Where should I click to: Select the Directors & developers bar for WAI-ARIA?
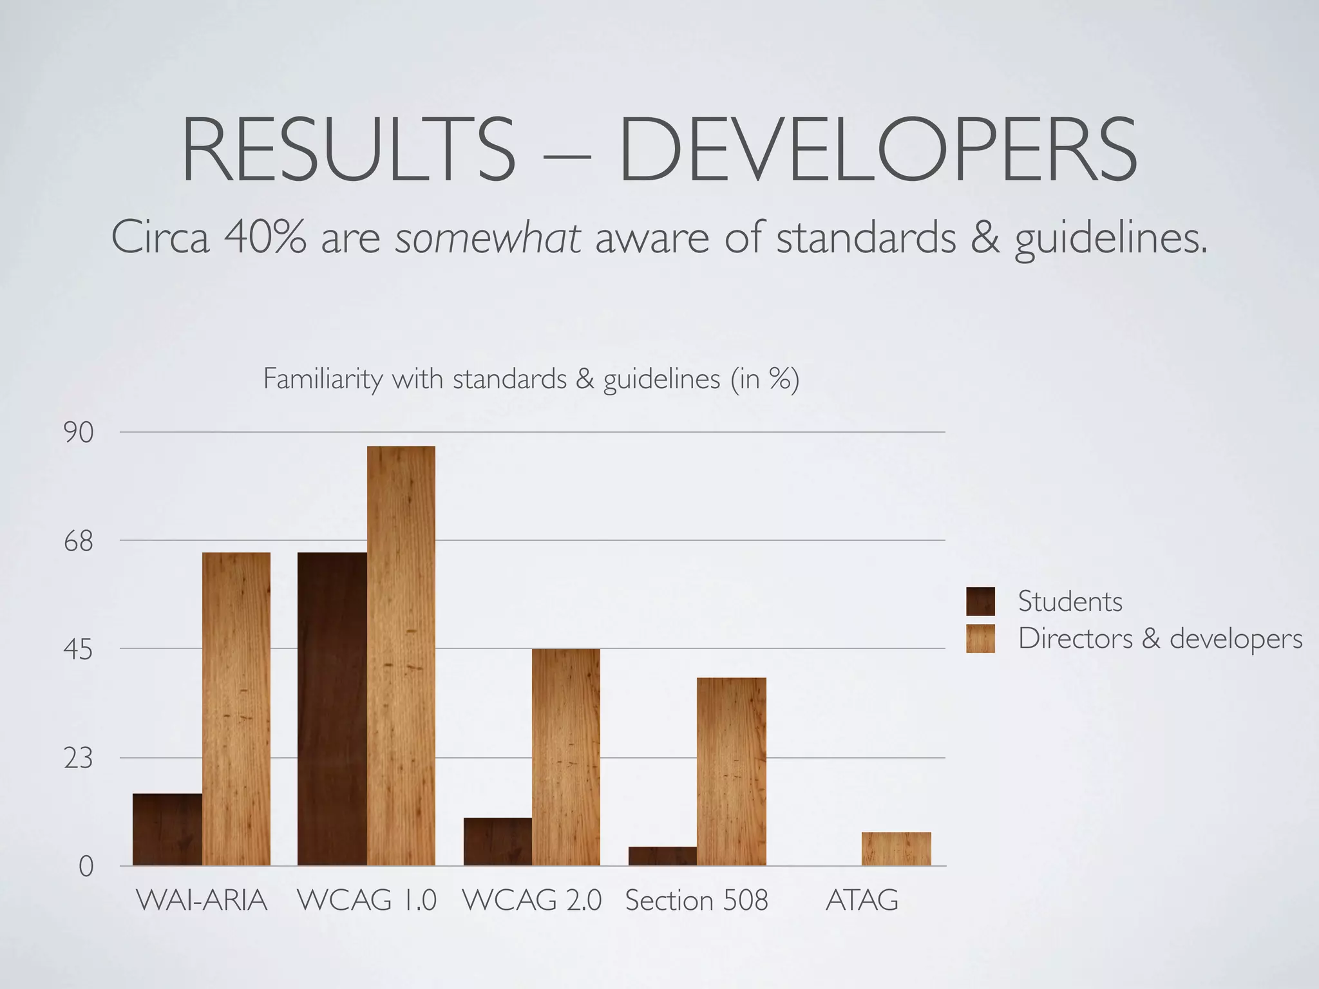point(236,708)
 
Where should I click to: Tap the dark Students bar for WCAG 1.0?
point(332,708)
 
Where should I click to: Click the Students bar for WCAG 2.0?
point(498,842)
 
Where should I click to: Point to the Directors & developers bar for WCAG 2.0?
point(566,757)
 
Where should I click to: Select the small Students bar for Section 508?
point(663,856)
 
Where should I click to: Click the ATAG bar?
point(897,849)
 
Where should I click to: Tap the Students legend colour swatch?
point(980,601)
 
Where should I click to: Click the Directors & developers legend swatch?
point(980,639)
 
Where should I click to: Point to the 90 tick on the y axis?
point(79,433)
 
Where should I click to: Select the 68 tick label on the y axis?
point(79,542)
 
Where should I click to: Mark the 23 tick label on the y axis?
point(79,759)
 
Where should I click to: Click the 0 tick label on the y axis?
point(86,867)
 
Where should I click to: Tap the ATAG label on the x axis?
point(862,900)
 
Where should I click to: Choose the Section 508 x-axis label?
point(697,900)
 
